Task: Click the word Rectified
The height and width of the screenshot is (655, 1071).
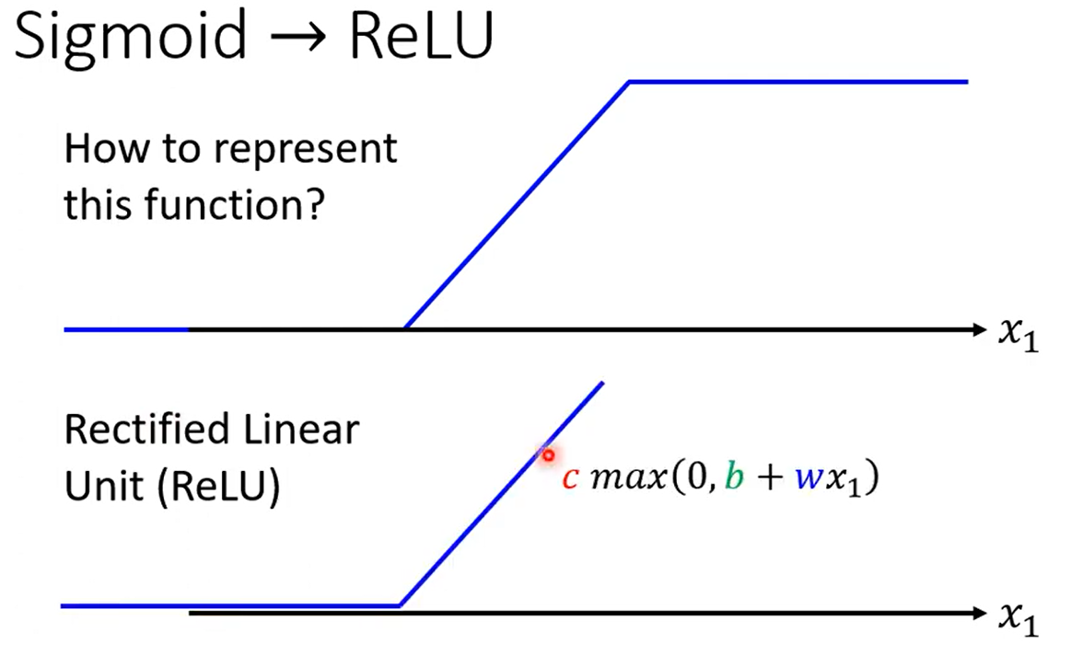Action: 146,430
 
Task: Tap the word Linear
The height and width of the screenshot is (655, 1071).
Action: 300,430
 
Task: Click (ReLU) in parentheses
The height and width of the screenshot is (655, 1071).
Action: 218,487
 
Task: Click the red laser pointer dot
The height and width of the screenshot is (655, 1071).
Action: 548,455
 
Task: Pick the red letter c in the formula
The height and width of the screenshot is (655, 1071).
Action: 571,477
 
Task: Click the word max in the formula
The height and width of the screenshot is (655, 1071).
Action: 628,477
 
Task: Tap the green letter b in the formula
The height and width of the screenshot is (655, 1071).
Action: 734,476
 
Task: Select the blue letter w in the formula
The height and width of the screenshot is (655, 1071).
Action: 809,477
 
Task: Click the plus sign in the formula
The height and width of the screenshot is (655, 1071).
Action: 769,477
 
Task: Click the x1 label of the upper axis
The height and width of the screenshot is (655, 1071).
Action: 1019,334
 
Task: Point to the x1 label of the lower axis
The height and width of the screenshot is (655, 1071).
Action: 1019,618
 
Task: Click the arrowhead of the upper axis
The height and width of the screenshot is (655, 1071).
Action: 980,329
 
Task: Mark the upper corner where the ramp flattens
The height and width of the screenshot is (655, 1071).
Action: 629,82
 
